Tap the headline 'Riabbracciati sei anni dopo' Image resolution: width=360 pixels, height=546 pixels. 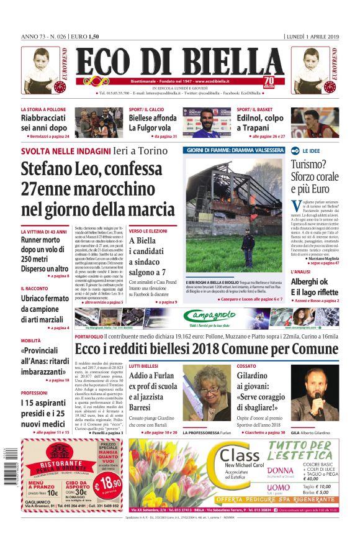45,123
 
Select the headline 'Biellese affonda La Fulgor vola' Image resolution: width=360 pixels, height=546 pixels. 153,123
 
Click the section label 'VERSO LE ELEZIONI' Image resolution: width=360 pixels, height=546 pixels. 149,230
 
